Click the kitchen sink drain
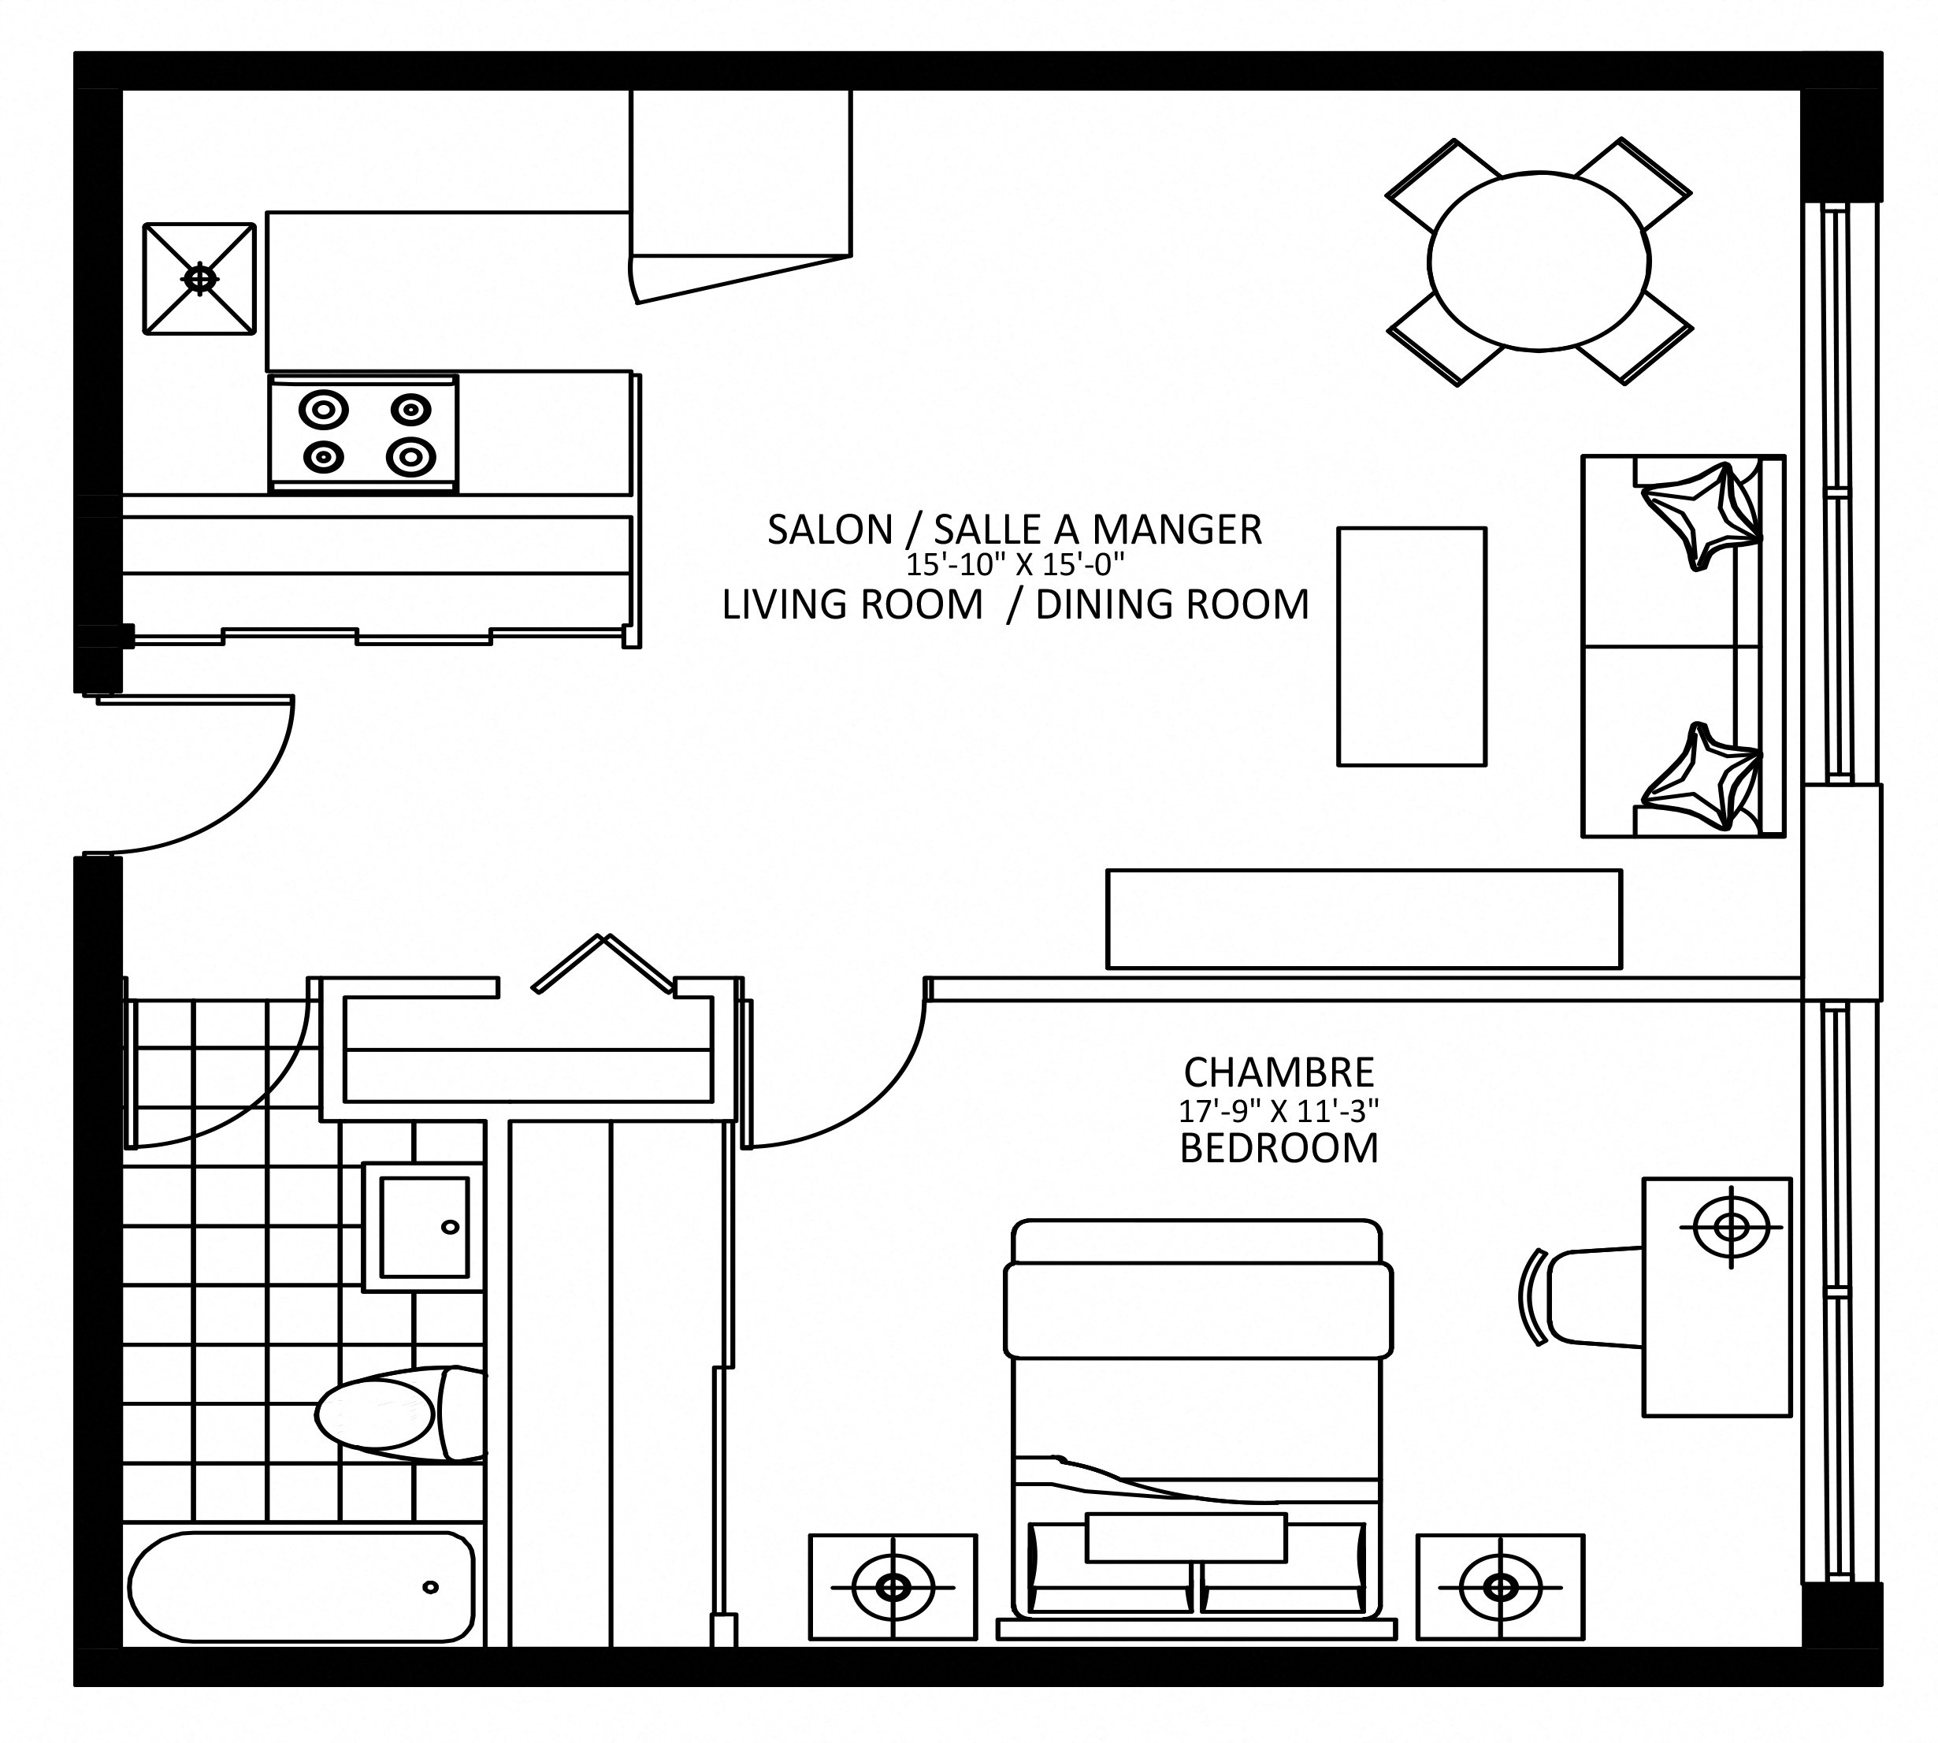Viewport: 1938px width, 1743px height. tap(199, 279)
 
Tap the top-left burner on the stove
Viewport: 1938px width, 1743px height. tap(323, 410)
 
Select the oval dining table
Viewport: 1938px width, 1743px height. tap(1539, 262)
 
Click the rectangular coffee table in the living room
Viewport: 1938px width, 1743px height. tap(1412, 646)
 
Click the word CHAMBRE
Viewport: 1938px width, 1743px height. tap(1279, 1072)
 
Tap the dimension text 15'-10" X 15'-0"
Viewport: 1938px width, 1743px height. tap(1015, 565)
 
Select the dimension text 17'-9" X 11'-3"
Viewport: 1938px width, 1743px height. tap(1279, 1111)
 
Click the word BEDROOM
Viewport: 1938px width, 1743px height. tap(1279, 1148)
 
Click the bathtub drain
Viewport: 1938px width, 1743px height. tap(430, 1588)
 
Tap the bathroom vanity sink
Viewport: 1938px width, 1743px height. tap(424, 1227)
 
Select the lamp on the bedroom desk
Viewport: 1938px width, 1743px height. tap(1730, 1227)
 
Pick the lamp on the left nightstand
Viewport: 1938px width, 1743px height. tap(893, 1588)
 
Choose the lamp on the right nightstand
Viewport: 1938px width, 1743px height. tap(1501, 1588)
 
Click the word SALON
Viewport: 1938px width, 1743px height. tap(830, 530)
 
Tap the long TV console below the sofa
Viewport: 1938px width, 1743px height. tap(1364, 920)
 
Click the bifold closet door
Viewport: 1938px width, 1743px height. tap(601, 961)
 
